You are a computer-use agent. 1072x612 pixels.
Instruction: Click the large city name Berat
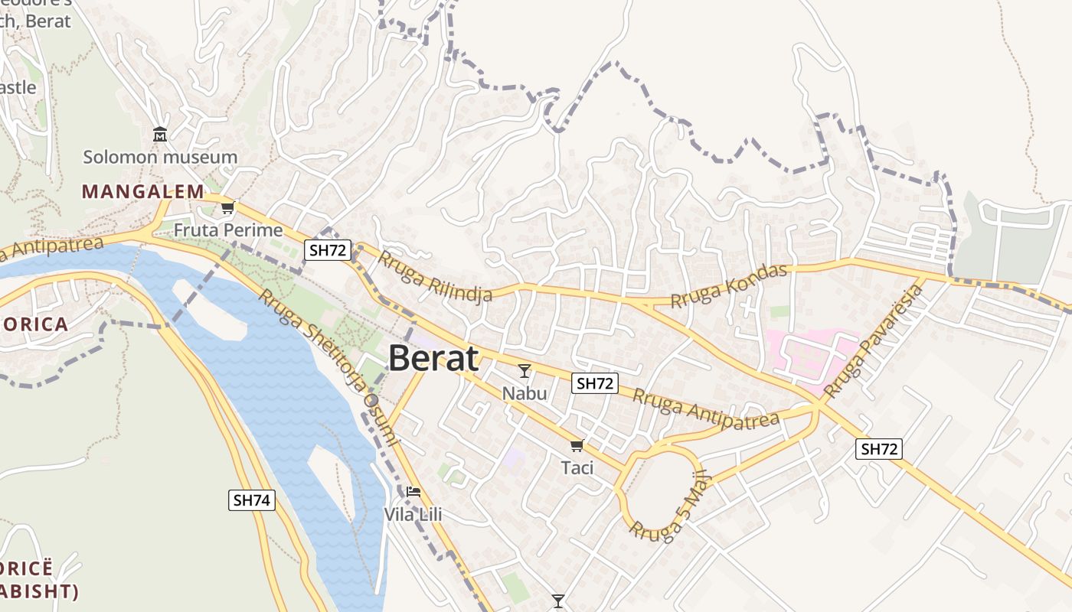(433, 358)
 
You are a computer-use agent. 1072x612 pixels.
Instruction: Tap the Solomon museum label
(160, 158)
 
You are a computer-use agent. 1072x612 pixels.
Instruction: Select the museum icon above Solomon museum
(160, 135)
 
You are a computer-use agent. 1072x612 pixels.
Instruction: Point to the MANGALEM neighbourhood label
(143, 191)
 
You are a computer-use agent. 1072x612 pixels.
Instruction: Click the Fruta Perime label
(228, 229)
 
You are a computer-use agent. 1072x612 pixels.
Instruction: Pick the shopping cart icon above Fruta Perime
(227, 207)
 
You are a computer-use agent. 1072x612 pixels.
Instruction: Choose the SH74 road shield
(252, 500)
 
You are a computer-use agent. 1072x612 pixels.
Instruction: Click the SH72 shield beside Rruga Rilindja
(328, 249)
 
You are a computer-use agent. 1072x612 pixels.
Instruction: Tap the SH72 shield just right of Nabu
(595, 383)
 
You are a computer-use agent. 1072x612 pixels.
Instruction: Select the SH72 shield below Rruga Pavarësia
(878, 449)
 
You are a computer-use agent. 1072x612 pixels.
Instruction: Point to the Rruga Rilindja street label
(434, 277)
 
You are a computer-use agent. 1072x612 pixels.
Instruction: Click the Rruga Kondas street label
(729, 286)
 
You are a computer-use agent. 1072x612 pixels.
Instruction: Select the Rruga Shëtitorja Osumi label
(328, 366)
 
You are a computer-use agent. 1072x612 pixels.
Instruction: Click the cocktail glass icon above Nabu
(525, 371)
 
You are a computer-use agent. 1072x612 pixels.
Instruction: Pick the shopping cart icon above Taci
(577, 445)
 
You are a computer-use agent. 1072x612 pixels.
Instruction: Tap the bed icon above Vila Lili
(413, 491)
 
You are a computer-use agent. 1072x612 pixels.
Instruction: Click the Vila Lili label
(413, 514)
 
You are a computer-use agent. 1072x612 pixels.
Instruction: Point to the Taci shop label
(577, 467)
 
